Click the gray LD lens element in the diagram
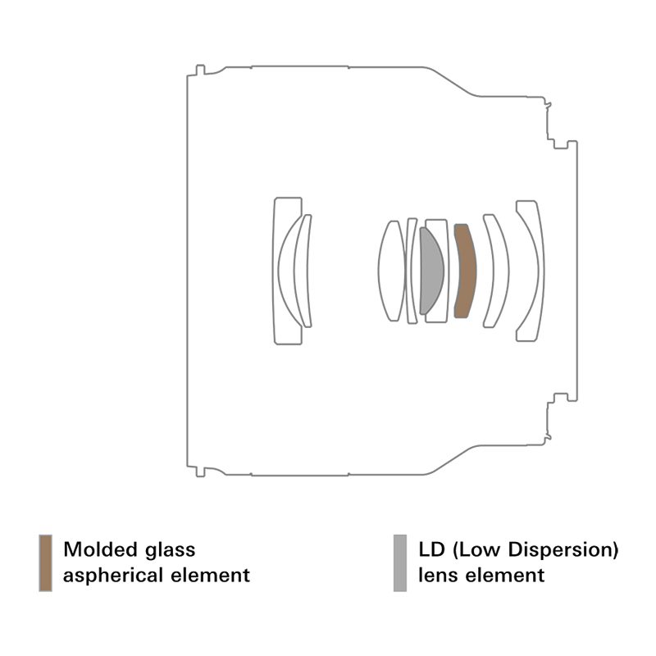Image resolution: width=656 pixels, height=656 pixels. tap(431, 271)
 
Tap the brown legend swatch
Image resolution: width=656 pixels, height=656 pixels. tap(46, 563)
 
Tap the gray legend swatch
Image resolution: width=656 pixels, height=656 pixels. tap(400, 563)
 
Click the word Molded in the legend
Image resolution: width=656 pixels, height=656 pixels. tap(100, 549)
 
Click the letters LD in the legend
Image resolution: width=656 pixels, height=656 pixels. tap(431, 549)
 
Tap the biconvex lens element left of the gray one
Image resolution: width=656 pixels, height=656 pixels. tap(392, 271)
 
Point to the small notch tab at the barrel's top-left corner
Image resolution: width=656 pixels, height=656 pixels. tap(200, 70)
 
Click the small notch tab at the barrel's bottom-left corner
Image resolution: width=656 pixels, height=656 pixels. tap(200, 471)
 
